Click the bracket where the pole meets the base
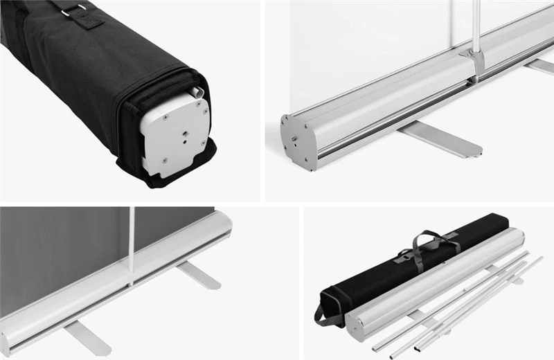tap(475, 61)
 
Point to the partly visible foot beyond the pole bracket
tap(540, 66)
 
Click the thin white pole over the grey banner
tap(131, 242)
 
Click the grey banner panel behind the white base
tap(62, 256)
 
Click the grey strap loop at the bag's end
tap(326, 312)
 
